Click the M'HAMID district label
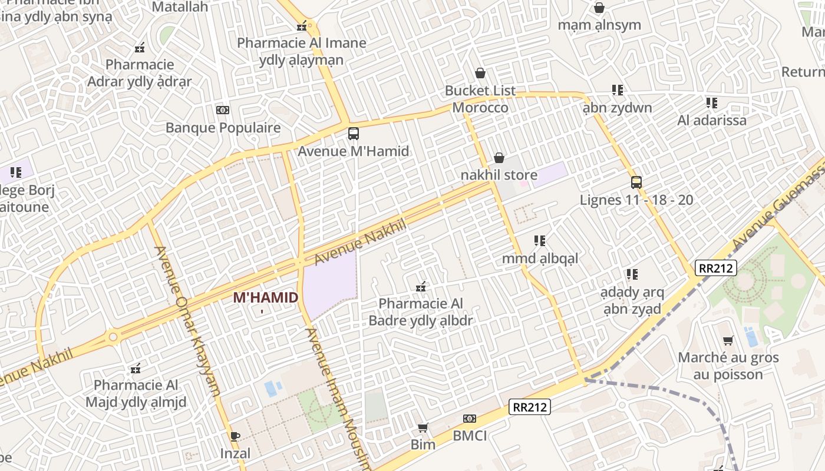265,297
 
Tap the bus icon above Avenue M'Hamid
353,134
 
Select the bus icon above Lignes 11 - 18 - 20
636,182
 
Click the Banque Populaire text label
223,128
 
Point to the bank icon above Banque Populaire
222,110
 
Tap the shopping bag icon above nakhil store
499,158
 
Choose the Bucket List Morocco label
480,99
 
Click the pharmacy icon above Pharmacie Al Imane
302,25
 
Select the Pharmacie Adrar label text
140,73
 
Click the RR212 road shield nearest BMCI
529,407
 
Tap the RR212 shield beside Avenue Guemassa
716,268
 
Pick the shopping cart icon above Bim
423,427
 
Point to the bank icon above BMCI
469,419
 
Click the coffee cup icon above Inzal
235,436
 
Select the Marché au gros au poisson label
728,366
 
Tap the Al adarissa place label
711,120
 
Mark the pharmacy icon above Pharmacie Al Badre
421,287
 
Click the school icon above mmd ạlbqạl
540,241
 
